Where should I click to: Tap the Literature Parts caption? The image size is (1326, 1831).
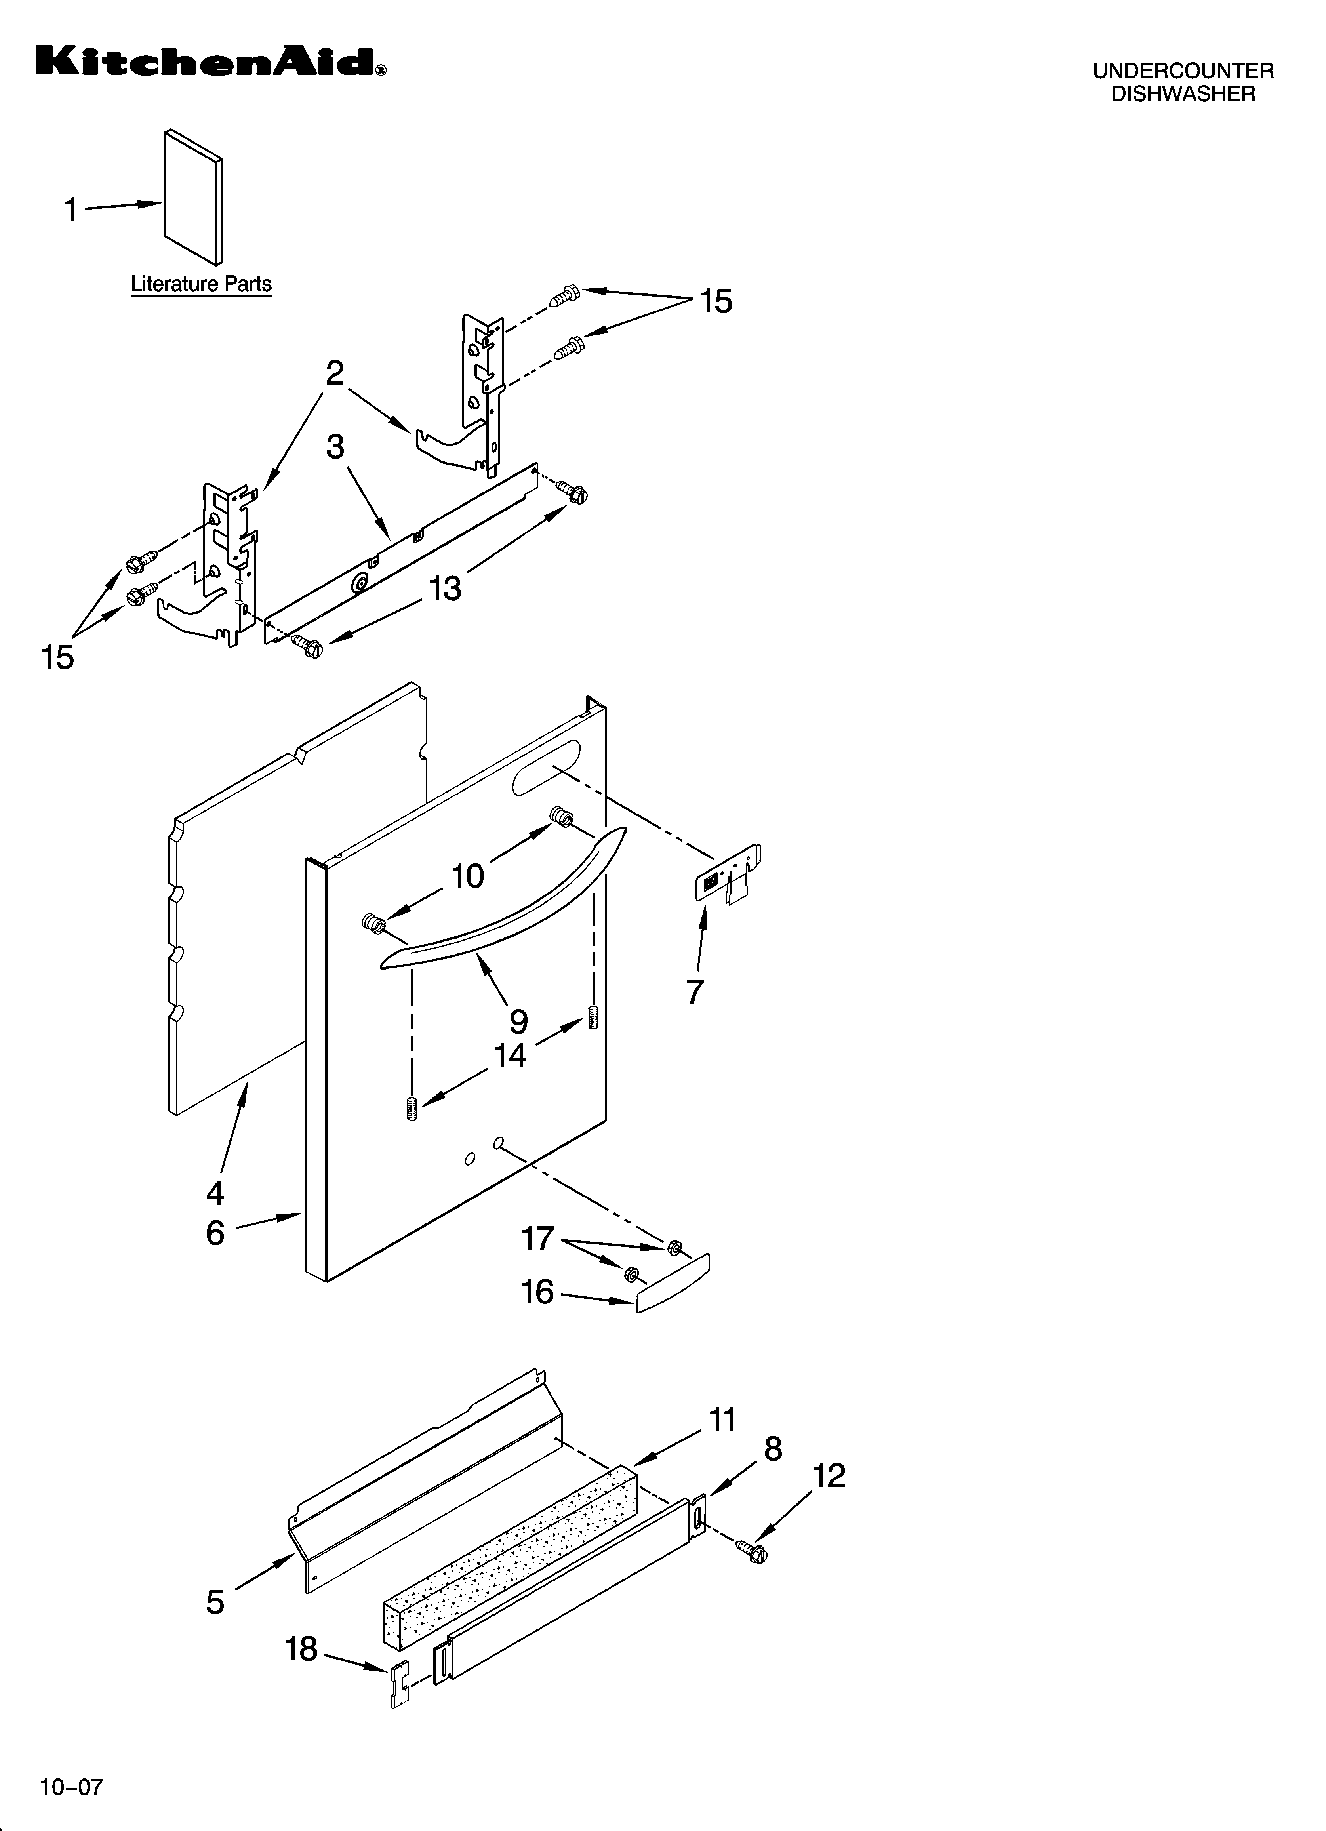pos(201,284)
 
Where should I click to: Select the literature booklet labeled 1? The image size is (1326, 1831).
pos(193,198)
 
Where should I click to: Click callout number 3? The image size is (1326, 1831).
pos(335,446)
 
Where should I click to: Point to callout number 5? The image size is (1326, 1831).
pos(215,1602)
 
